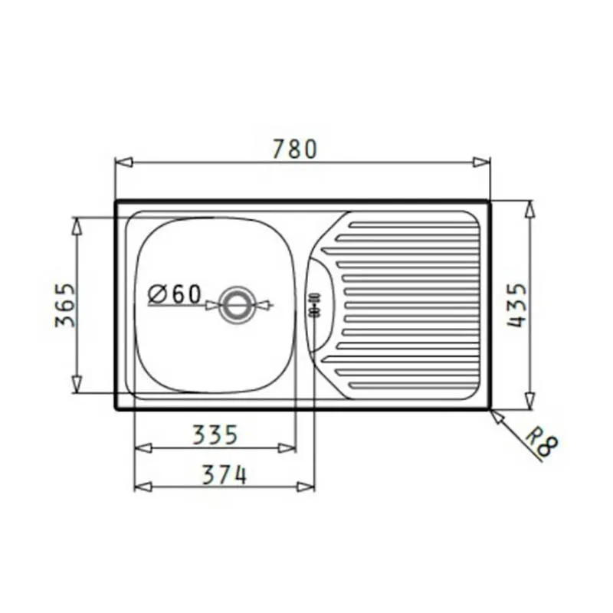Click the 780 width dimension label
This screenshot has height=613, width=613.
click(294, 149)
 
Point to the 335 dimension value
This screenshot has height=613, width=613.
click(215, 434)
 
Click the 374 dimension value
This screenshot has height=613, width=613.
click(225, 474)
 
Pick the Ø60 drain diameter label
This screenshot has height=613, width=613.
click(175, 294)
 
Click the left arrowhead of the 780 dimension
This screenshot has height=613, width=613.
click(124, 162)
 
